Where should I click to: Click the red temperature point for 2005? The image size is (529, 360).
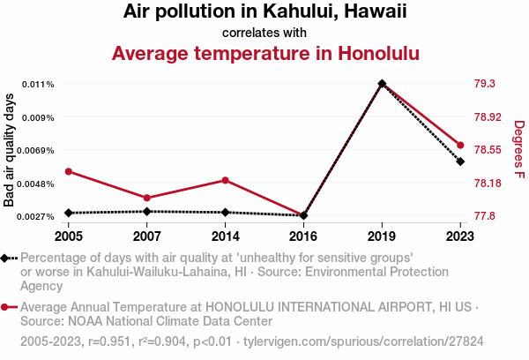[69, 171]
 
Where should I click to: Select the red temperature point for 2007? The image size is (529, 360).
[147, 198]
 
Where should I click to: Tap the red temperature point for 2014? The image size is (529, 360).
[226, 180]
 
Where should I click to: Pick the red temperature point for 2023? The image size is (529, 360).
[460, 145]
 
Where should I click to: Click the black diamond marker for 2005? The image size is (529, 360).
[69, 213]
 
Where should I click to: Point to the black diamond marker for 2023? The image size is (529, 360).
[460, 161]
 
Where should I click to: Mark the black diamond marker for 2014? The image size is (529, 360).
[226, 212]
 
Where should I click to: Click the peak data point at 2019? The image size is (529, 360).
[382, 84]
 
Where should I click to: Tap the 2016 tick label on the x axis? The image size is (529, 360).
[303, 236]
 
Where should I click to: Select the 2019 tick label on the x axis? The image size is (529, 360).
[382, 236]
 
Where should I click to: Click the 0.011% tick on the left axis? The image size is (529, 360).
[39, 84]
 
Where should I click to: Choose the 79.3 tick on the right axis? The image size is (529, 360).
[485, 84]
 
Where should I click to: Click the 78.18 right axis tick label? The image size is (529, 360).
[488, 184]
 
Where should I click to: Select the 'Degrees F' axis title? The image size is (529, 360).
[519, 150]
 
